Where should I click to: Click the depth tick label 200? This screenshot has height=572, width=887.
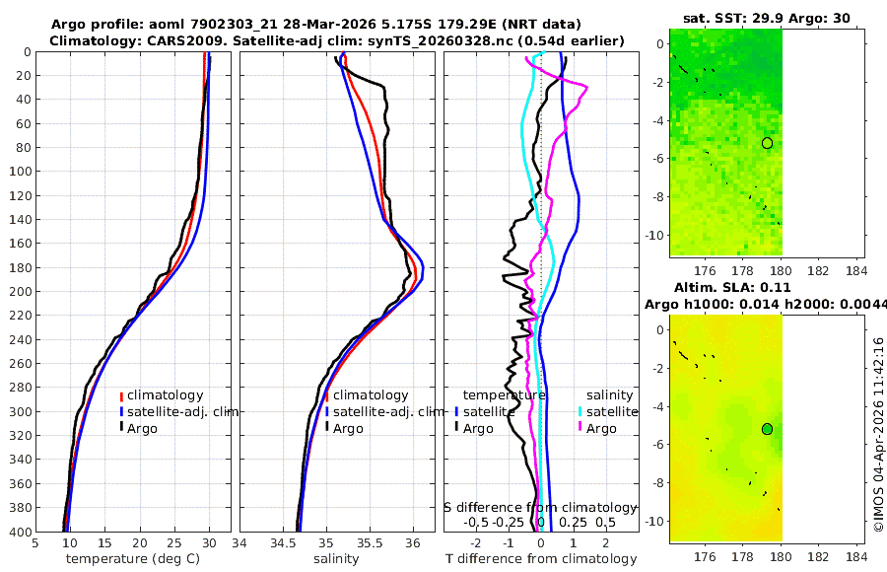pyautogui.click(x=19, y=291)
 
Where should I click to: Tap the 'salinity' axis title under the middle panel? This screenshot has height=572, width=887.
pyautogui.click(x=335, y=559)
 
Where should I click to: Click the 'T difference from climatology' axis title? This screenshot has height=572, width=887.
pyautogui.click(x=540, y=559)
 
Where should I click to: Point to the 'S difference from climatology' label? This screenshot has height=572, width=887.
pyautogui.click(x=540, y=506)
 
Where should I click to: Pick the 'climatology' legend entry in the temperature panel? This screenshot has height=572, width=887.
pyautogui.click(x=165, y=395)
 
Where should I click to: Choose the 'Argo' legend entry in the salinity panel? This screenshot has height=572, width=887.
pyautogui.click(x=347, y=428)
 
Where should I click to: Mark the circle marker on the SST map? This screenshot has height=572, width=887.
pyautogui.click(x=767, y=143)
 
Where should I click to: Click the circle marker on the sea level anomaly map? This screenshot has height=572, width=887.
pyautogui.click(x=767, y=429)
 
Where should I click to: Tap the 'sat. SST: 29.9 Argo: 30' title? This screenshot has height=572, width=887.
pyautogui.click(x=766, y=18)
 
